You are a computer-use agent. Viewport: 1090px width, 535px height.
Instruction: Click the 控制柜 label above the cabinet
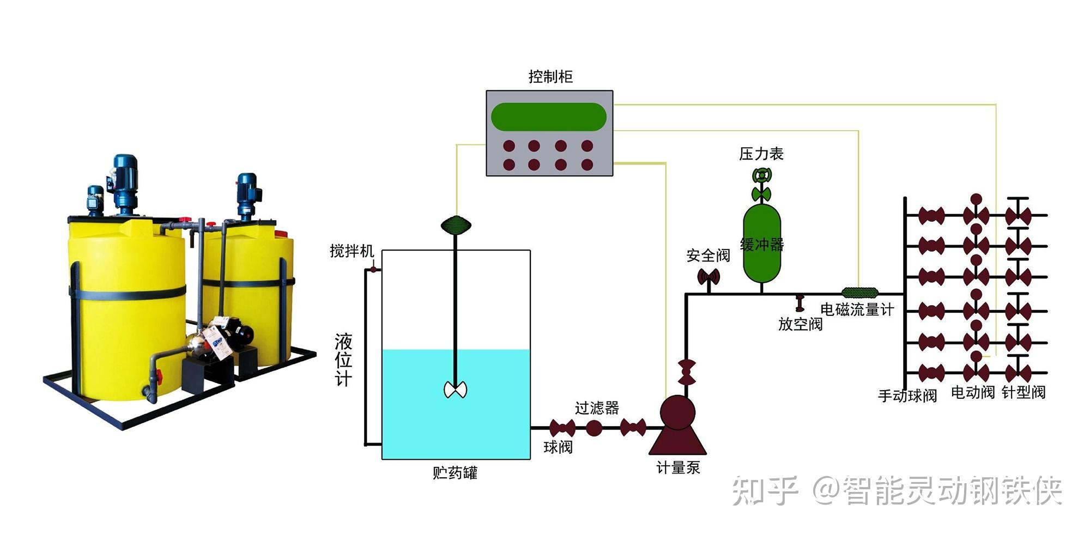(550, 77)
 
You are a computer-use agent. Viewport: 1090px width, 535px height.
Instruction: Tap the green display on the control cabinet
(549, 117)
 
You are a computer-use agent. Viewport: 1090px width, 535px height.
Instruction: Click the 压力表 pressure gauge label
(761, 154)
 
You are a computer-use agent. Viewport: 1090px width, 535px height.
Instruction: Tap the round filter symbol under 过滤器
(594, 428)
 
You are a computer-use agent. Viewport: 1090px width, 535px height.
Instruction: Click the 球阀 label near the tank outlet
(558, 447)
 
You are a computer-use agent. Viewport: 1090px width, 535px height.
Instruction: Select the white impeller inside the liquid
(456, 390)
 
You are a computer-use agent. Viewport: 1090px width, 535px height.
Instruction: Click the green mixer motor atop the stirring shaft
(456, 224)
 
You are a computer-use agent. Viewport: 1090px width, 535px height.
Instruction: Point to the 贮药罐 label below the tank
(455, 472)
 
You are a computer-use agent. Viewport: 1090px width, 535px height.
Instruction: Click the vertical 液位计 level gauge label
(343, 360)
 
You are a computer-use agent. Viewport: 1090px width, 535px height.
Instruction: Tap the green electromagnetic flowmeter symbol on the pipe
(860, 293)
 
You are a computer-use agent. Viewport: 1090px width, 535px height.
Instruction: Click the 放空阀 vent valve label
(800, 324)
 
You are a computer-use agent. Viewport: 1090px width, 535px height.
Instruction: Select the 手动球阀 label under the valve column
(907, 396)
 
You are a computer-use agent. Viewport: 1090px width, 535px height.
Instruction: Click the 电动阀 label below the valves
(973, 392)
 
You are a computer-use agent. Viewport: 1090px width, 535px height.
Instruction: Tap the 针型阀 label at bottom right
(1024, 392)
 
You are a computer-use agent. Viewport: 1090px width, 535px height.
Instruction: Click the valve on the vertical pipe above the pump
(686, 372)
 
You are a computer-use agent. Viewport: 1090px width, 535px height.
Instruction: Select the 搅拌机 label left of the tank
(352, 251)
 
